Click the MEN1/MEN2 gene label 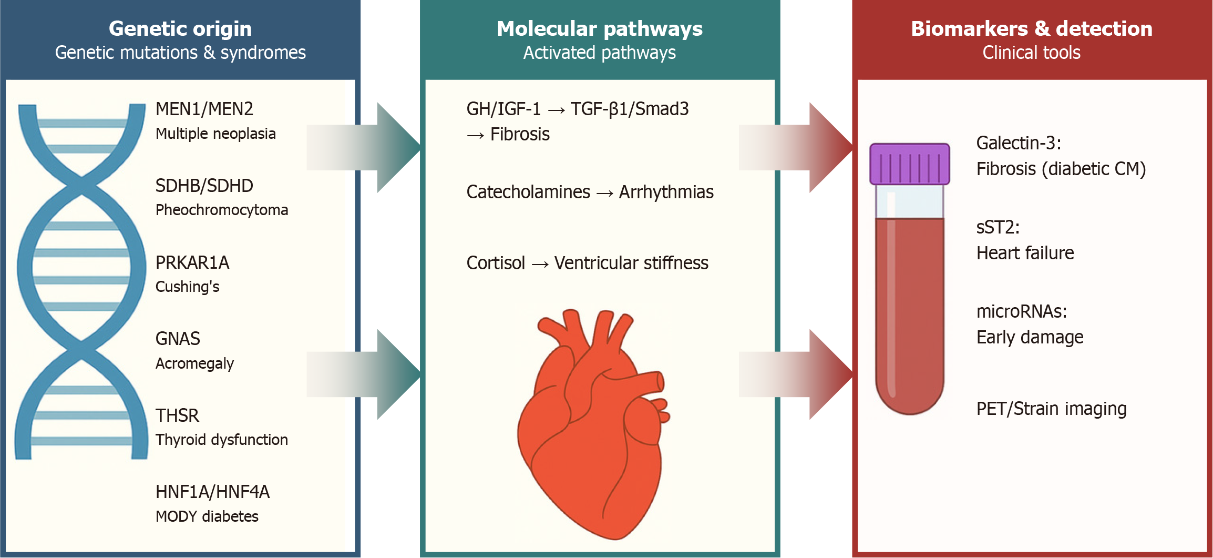(x=204, y=109)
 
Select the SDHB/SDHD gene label (x=204, y=186)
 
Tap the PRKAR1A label (x=192, y=262)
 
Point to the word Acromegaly (x=194, y=363)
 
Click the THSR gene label (x=177, y=415)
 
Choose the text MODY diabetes (x=207, y=516)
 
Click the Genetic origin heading (x=180, y=29)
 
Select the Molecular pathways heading (x=599, y=29)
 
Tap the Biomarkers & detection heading (x=1031, y=29)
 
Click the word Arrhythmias (x=666, y=192)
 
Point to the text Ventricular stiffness (x=631, y=263)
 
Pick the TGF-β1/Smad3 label (x=629, y=109)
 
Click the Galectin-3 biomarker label (x=1018, y=143)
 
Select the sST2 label (x=998, y=227)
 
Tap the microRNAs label (x=1021, y=311)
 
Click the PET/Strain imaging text (x=1051, y=409)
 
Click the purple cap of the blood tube (x=909, y=164)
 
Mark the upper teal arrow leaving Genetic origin (x=368, y=147)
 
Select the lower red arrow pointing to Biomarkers (x=799, y=374)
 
